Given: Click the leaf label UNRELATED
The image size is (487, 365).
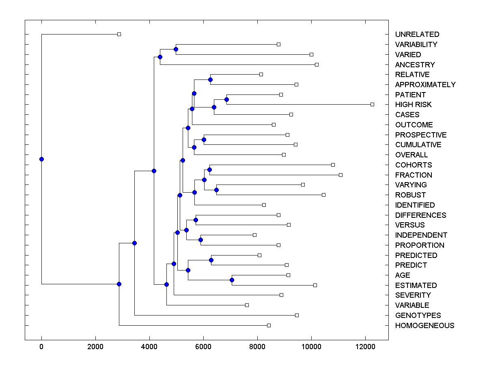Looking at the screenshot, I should click(417, 34).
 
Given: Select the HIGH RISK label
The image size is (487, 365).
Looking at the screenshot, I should click(414, 105).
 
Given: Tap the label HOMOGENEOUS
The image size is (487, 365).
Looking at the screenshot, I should click(425, 326).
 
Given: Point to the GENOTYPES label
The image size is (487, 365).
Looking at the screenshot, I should click(418, 316).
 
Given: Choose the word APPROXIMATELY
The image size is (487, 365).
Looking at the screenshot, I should click(425, 85).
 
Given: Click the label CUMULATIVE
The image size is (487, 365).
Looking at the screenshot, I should click(418, 145).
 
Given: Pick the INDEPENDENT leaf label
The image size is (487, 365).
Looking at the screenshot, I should click(421, 235).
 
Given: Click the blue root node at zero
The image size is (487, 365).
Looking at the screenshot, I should click(41, 159).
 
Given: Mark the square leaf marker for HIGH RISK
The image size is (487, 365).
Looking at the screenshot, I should click(372, 104).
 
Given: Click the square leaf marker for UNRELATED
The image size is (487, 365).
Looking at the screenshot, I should click(119, 34).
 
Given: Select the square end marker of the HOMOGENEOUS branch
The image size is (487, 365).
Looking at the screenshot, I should click(269, 325).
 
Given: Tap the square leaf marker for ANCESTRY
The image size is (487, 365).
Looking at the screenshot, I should click(317, 64).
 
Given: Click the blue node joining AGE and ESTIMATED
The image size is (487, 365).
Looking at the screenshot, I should click(232, 280).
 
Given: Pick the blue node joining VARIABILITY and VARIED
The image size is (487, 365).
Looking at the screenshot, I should click(176, 49).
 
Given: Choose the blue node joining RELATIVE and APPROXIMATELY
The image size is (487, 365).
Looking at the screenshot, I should click(210, 79).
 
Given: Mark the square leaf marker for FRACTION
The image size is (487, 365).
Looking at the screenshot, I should click(340, 175).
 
